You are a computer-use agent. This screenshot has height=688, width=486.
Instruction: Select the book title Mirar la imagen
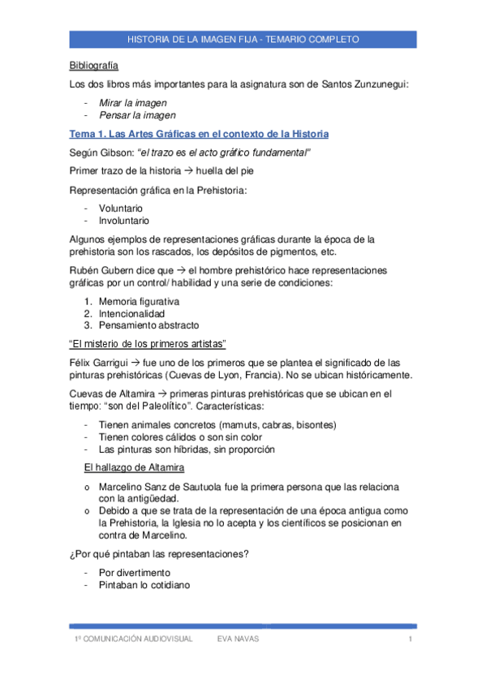pos(132,102)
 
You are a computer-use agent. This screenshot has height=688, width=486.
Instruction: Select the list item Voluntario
pos(120,208)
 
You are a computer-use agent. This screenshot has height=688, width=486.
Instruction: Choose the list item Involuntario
pos(123,220)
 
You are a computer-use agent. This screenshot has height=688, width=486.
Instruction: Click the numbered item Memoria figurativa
pos(139,301)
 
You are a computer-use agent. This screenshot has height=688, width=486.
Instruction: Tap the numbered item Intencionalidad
pos(131,313)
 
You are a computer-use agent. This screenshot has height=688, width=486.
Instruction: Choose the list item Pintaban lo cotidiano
pos(144,584)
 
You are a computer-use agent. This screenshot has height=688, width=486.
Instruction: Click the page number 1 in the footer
pos(411,639)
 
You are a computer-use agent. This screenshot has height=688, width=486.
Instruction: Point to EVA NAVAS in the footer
pos(238,639)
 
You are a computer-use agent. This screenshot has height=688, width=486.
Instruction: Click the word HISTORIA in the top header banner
pos(153,39)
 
